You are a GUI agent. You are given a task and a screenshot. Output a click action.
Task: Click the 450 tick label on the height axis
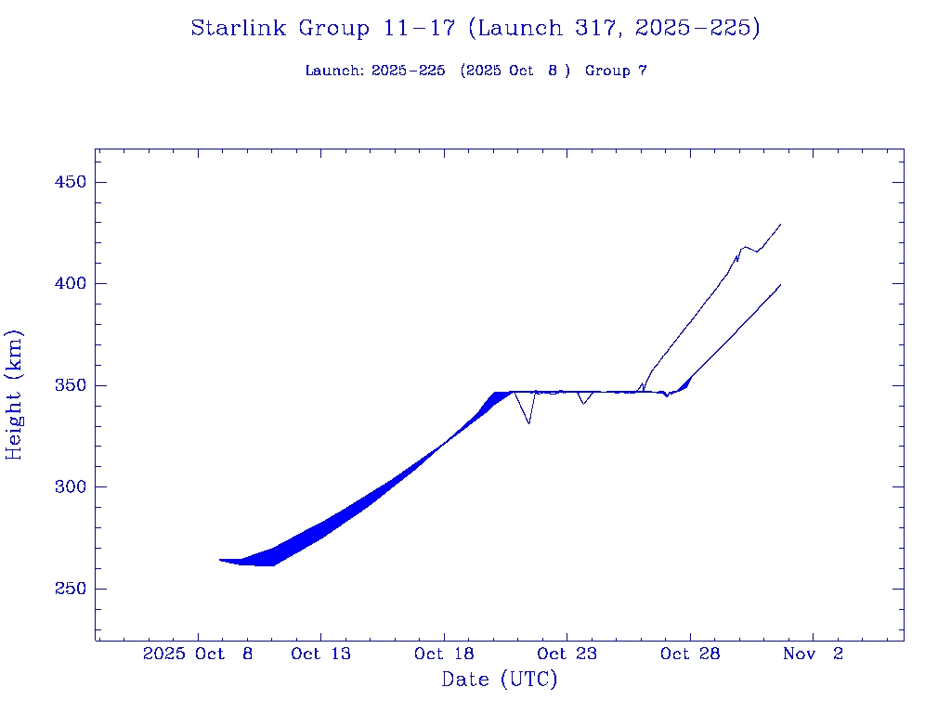pos(71,182)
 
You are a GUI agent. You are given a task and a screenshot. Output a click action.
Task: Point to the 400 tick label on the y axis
pos(71,283)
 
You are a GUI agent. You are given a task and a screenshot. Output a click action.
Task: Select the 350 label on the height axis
pos(71,385)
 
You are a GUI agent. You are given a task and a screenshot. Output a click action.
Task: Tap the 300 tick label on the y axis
pos(71,486)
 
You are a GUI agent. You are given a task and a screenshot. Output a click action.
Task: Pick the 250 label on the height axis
pos(71,589)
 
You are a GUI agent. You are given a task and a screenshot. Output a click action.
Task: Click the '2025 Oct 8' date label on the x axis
pos(198,654)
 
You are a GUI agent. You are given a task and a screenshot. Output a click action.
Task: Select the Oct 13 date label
pos(320,654)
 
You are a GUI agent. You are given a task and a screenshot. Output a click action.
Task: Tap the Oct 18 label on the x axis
pos(444,654)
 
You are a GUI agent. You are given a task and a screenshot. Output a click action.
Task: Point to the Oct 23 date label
pos(567,654)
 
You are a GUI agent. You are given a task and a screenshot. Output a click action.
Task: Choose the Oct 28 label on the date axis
pos(690,654)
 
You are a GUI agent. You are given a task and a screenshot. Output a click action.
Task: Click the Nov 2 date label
pos(813,654)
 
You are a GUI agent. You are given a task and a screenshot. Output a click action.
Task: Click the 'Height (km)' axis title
pos(14,395)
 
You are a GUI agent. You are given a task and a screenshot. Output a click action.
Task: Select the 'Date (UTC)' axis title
pos(500,680)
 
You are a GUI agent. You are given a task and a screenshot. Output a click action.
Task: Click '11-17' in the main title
pos(419,28)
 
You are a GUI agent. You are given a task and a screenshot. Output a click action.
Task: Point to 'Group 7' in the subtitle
pos(616,71)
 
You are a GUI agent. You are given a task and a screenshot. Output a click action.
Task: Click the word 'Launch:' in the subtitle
pos(334,71)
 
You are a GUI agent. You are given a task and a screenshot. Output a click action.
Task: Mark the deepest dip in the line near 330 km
pos(528,423)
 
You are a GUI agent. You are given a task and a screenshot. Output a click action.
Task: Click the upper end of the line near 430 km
pos(780,224)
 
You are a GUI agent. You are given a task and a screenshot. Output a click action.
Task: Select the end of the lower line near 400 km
pos(780,284)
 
